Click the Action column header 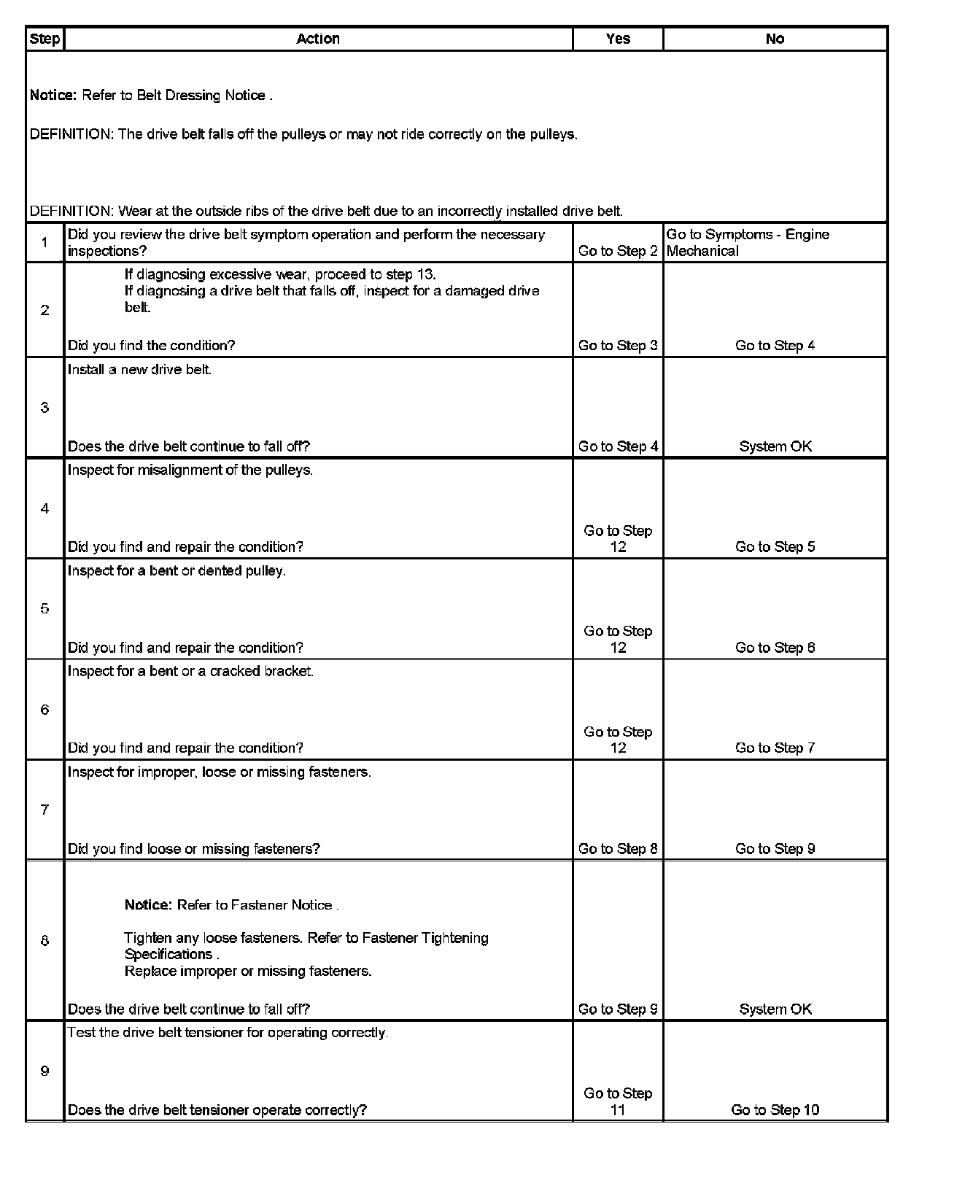pyautogui.click(x=318, y=39)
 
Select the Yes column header pyautogui.click(x=618, y=39)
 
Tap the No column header pyautogui.click(x=775, y=39)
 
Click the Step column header pyautogui.click(x=44, y=39)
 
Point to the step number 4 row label pyautogui.click(x=44, y=508)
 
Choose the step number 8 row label pyautogui.click(x=44, y=940)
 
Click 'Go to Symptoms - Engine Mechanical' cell pyautogui.click(x=748, y=243)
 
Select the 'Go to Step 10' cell pyautogui.click(x=775, y=1110)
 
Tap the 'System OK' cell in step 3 pyautogui.click(x=775, y=446)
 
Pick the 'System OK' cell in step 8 pyautogui.click(x=775, y=1009)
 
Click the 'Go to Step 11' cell pyautogui.click(x=618, y=1101)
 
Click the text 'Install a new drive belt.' pyautogui.click(x=139, y=370)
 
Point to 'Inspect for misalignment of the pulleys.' pyautogui.click(x=190, y=470)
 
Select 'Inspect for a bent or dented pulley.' pyautogui.click(x=177, y=571)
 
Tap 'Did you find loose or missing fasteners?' pyautogui.click(x=194, y=849)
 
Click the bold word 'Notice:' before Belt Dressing pyautogui.click(x=53, y=96)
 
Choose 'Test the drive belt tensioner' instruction pyautogui.click(x=228, y=1033)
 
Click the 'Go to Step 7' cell pyautogui.click(x=775, y=748)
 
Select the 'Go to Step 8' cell pyautogui.click(x=618, y=849)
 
